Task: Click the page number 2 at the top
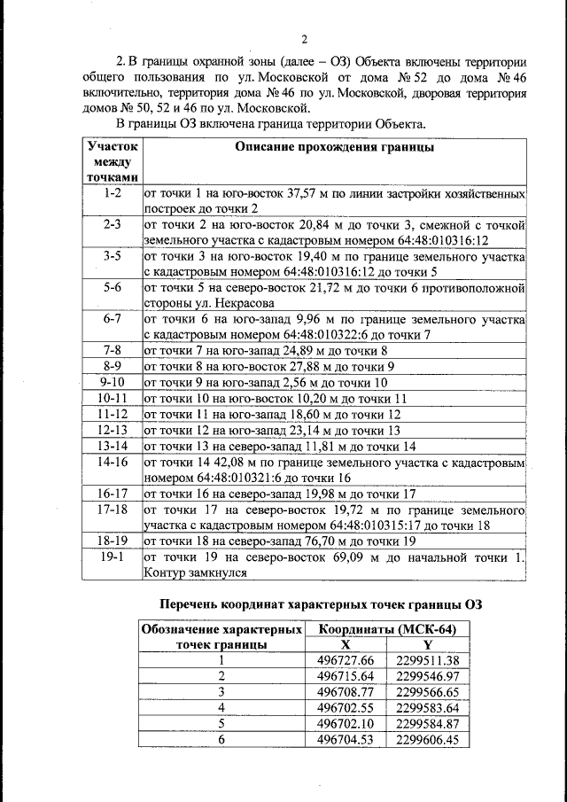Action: [304, 38]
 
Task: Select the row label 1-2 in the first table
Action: [112, 192]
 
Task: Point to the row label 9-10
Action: [112, 382]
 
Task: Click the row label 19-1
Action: [112, 557]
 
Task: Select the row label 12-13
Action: [112, 430]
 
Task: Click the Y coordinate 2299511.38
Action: [427, 660]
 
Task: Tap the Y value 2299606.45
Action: [427, 740]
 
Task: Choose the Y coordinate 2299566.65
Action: [427, 692]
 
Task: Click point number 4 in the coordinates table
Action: [221, 708]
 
